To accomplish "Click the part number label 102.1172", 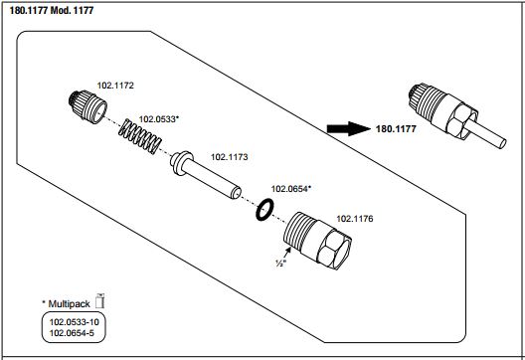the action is tap(115, 86).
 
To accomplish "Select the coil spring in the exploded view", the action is tap(140, 136).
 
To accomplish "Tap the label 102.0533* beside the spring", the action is tap(159, 119).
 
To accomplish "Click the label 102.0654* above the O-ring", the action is tap(291, 189).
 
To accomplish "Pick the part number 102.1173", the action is tap(230, 157).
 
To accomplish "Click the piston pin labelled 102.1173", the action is tap(205, 174).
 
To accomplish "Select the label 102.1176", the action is tap(355, 219).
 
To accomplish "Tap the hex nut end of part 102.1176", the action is tap(334, 249).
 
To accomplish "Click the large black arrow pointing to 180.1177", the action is tap(349, 128).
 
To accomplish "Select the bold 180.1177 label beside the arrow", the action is tap(396, 129).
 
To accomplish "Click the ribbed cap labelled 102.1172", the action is tap(87, 106).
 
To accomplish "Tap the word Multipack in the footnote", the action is tap(69, 304).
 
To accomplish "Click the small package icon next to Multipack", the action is tap(99, 300).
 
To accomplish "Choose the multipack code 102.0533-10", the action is tap(75, 322).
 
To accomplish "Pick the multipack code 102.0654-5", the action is tap(72, 333).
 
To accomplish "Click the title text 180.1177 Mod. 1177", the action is tap(52, 10).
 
